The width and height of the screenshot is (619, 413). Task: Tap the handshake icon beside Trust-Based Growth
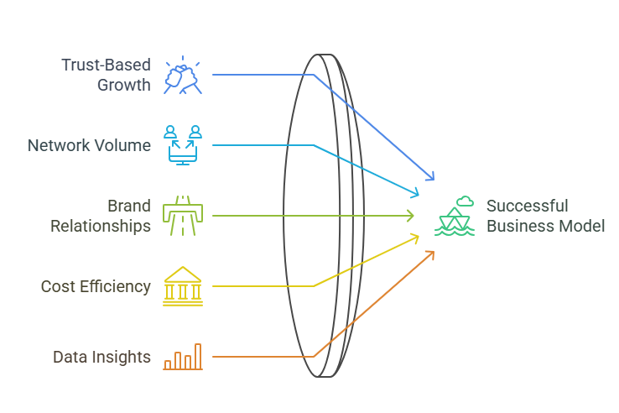183,74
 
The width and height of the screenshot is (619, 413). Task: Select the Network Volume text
89,145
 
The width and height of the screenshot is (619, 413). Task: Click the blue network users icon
183,144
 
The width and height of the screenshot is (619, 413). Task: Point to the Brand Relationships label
100,216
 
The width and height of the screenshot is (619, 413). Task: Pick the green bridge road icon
182,215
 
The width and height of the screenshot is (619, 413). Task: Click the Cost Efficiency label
96,286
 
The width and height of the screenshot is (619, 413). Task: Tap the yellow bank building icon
182,285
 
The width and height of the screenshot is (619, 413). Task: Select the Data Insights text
101,357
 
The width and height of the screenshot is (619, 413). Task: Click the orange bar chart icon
183,356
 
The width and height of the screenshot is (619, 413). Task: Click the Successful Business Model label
545,216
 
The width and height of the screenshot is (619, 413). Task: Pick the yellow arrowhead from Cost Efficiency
417,238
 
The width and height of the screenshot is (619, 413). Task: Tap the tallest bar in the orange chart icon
198,356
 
